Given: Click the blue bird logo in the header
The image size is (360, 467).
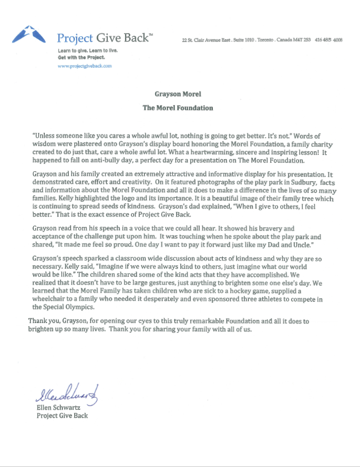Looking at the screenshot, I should click(27, 35).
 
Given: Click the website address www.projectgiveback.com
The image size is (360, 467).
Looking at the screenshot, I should click(85, 66).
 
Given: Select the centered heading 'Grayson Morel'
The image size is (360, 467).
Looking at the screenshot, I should click(178, 95).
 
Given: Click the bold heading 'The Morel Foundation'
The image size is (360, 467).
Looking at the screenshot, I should click(178, 108).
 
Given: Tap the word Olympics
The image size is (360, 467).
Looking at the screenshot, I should click(79, 307).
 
